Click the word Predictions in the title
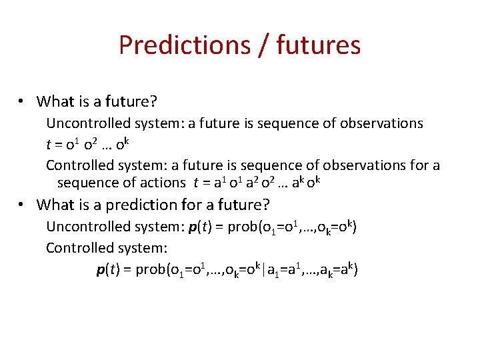tap(181, 45)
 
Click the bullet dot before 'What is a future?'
tap(22, 101)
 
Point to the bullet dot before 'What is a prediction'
tap(22, 205)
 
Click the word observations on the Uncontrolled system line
tap(381, 123)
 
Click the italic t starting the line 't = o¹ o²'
tap(48, 145)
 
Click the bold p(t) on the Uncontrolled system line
tap(205, 227)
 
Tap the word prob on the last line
tap(149, 270)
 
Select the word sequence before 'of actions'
tap(85, 183)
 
